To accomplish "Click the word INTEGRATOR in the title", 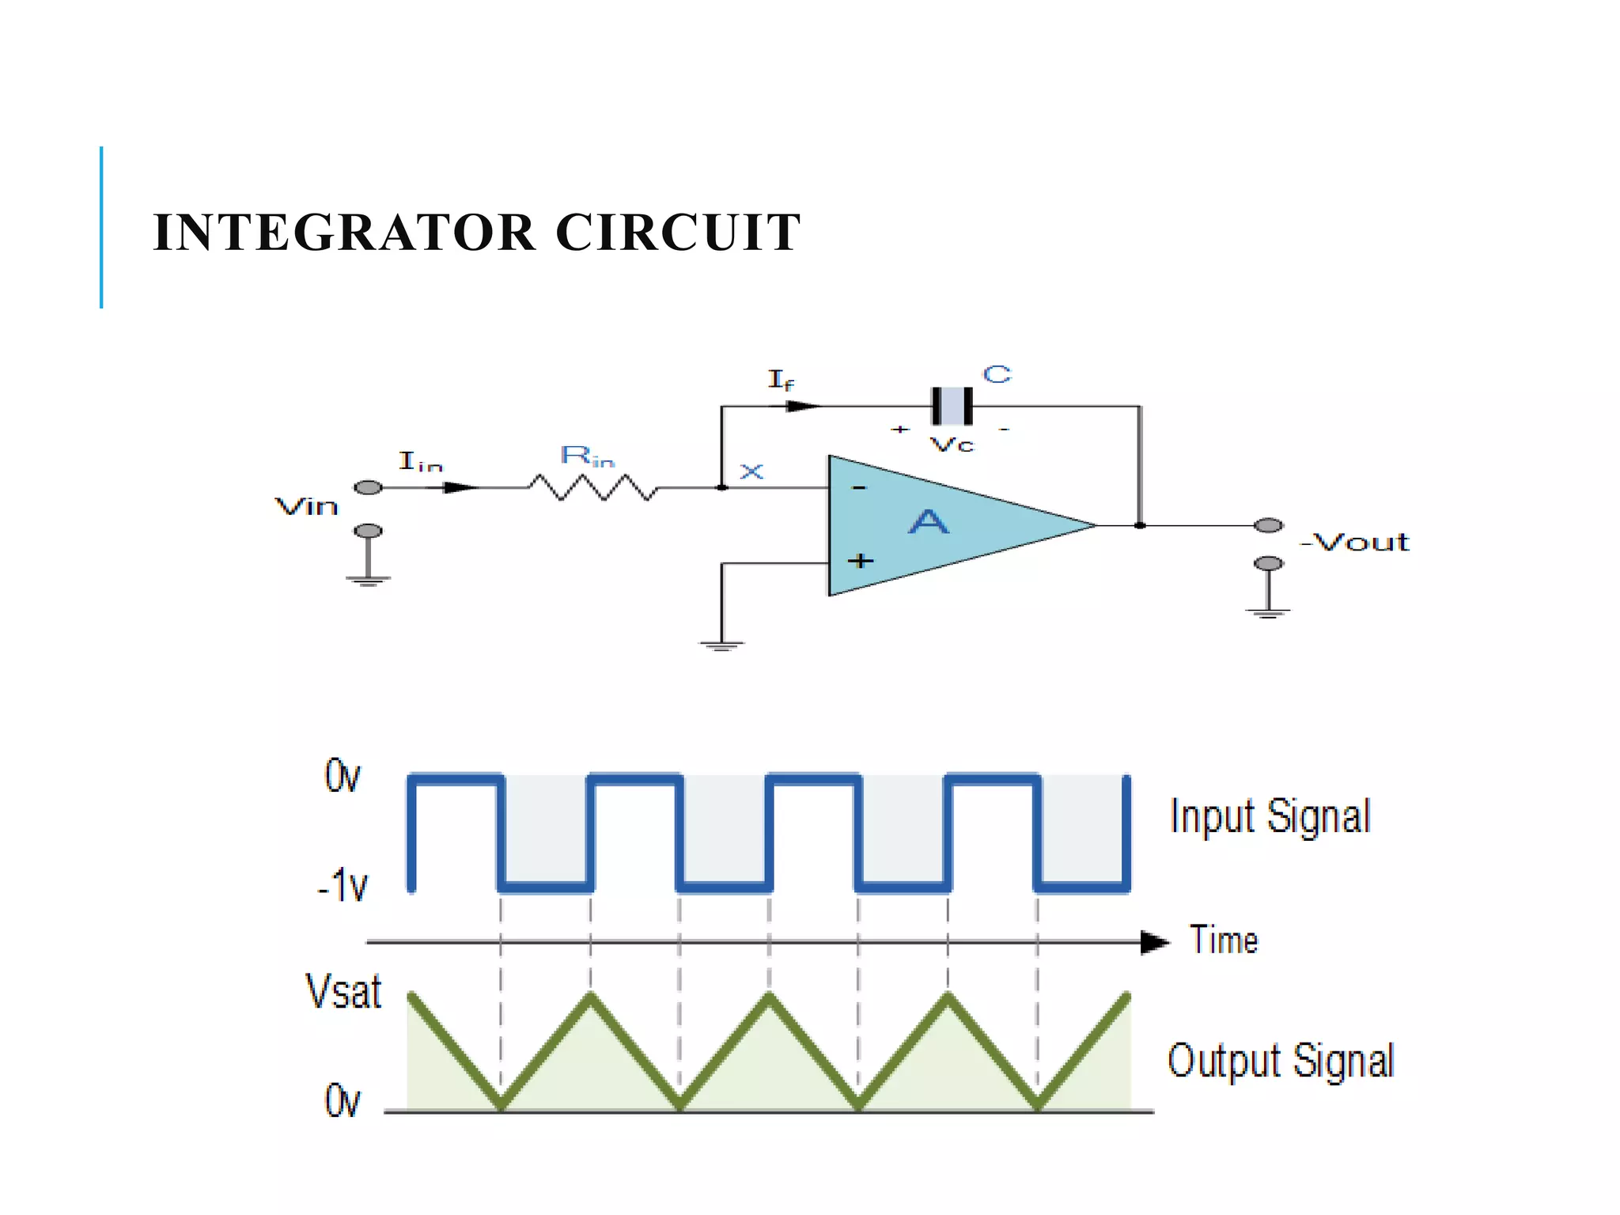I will click(x=345, y=233).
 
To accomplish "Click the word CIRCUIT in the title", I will click(x=678, y=233).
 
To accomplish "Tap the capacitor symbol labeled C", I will click(x=952, y=406).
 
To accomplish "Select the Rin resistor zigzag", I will click(x=592, y=487).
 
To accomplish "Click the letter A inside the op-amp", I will click(x=927, y=522).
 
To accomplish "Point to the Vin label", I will click(x=306, y=506).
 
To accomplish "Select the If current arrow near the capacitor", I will click(x=803, y=406).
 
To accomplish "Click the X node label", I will click(x=751, y=472).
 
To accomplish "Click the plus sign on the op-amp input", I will click(x=861, y=561).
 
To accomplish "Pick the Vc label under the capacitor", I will click(x=952, y=445).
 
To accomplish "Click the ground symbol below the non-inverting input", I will click(x=721, y=645).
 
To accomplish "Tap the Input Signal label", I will click(x=1270, y=816).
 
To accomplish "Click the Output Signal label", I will click(x=1281, y=1061).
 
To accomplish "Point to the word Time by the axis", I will click(x=1224, y=941).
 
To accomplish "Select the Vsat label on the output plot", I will click(x=343, y=991).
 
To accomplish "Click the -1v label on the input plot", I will click(x=343, y=885).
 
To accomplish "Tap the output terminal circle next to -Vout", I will click(x=1268, y=525).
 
